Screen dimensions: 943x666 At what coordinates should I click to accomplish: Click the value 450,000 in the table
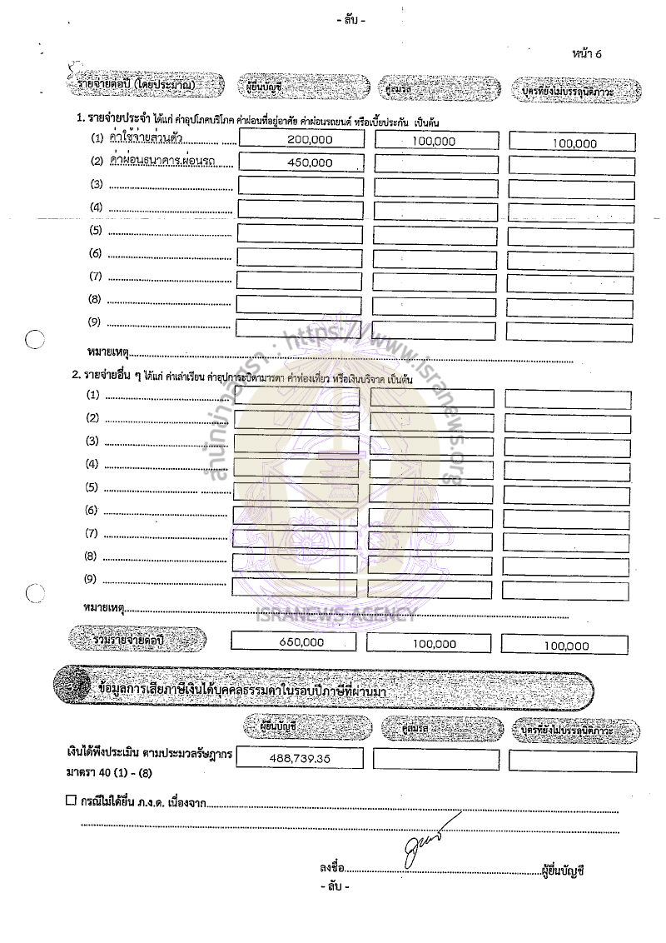pos(310,164)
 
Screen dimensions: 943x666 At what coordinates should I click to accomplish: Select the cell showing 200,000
pos(310,141)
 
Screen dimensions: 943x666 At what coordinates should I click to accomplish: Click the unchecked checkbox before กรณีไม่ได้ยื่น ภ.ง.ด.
pos(71,801)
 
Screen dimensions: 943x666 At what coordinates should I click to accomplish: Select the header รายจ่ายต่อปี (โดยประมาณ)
pos(147,85)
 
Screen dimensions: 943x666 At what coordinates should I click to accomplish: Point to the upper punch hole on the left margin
pos(34,339)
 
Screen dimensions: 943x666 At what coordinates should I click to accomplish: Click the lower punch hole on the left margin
pos(34,593)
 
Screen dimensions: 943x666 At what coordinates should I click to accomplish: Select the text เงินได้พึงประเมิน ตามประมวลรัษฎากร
pos(151,753)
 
